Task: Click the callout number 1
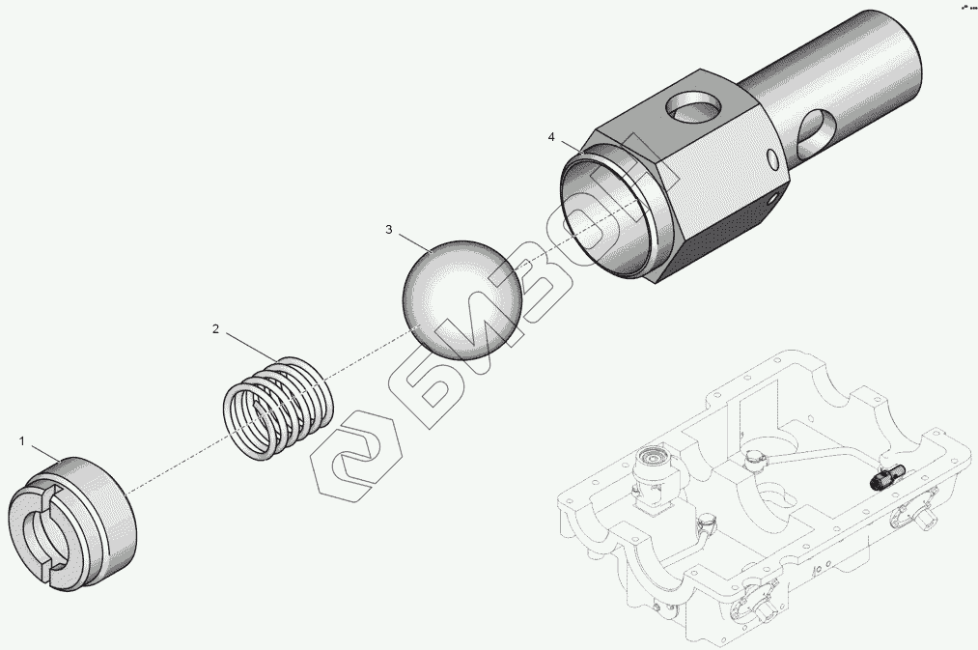[x=22, y=441]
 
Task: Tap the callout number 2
[x=216, y=329]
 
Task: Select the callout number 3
[x=388, y=230]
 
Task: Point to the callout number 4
[x=550, y=136]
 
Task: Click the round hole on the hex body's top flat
[x=692, y=105]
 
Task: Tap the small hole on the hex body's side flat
[x=773, y=159]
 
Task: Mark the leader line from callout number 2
[x=252, y=346]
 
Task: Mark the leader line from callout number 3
[x=415, y=242]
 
